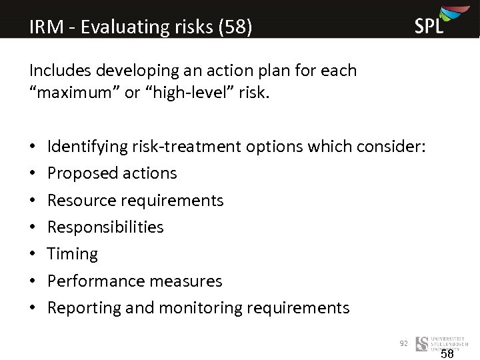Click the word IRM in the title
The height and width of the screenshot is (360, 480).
click(47, 27)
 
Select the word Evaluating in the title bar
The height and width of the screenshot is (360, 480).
click(115, 27)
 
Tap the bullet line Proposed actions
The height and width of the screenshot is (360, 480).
click(112, 173)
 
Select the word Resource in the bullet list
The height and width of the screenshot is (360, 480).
click(79, 200)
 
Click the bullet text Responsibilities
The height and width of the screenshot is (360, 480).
click(105, 227)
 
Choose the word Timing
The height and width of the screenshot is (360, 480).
click(73, 254)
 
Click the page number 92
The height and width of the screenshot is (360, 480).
click(403, 343)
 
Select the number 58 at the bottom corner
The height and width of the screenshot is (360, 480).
click(447, 354)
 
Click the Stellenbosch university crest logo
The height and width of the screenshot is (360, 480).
click(421, 344)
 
